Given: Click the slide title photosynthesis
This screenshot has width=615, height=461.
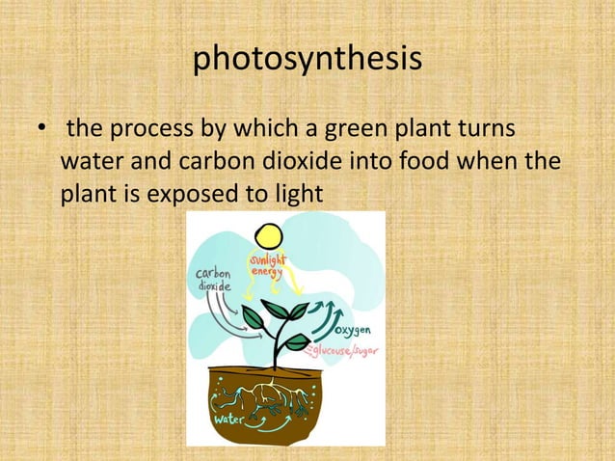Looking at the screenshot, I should (x=307, y=59).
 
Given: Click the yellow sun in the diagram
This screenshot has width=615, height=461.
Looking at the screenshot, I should (x=267, y=236).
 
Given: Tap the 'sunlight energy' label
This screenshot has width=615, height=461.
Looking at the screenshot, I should (x=267, y=266).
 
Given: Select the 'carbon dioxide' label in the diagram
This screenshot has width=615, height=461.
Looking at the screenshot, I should (x=214, y=280).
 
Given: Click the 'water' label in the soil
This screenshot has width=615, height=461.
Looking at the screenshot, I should (x=232, y=420).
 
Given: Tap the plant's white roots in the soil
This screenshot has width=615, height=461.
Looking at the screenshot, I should (x=280, y=394).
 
